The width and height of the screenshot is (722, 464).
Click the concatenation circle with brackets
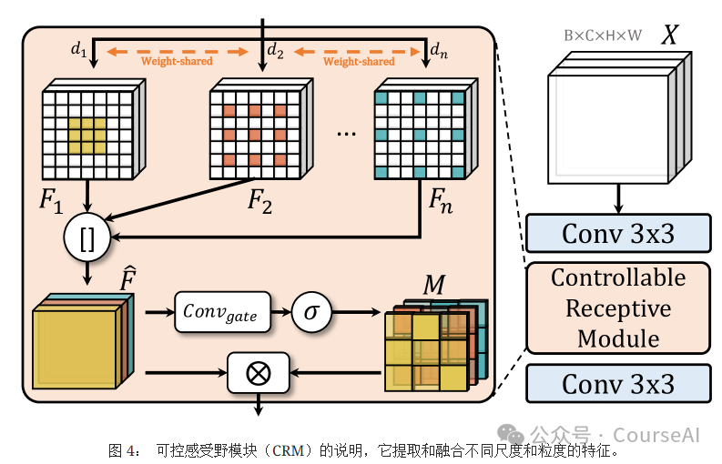[x=87, y=238]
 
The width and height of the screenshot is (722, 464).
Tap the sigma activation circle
[x=311, y=314]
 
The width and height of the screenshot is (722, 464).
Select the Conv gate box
[x=221, y=314]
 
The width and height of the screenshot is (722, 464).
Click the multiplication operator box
[x=259, y=373]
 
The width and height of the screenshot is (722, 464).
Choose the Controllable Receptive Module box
[x=618, y=308]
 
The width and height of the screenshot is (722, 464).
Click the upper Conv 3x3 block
[x=618, y=233]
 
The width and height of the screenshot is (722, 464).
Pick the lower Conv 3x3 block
[x=618, y=383]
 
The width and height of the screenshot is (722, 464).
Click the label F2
[x=259, y=201]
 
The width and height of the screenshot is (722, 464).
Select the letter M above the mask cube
[x=433, y=286]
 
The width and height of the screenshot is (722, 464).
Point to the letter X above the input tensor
[x=670, y=35]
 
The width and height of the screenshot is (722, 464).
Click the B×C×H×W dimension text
[x=602, y=36]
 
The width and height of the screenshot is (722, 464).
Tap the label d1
[x=79, y=50]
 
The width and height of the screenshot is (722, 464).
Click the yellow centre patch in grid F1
[x=87, y=136]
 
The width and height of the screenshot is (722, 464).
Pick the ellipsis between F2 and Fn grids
[x=347, y=134]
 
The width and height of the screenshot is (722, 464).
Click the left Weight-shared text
[x=177, y=62]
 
